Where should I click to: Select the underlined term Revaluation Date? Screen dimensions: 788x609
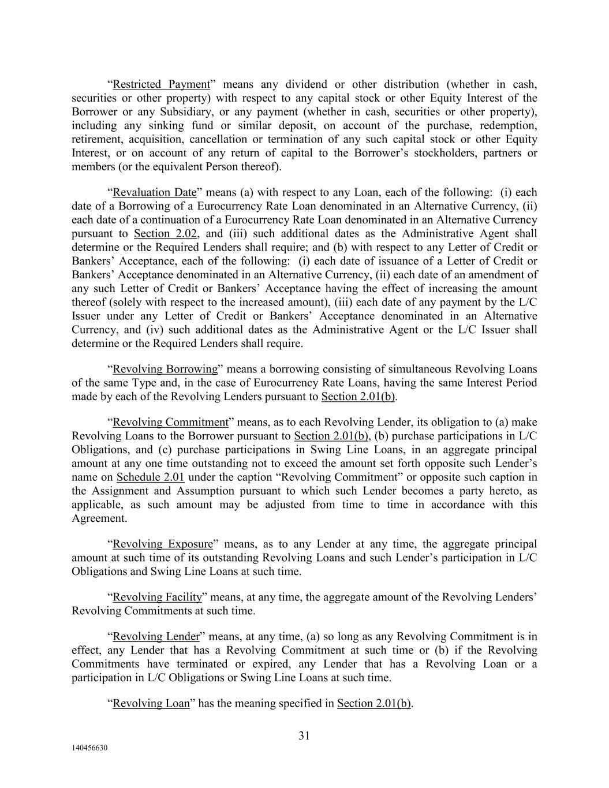pos(154,192)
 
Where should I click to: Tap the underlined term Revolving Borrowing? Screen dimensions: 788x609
pos(165,369)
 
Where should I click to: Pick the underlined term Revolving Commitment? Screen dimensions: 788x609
pos(170,422)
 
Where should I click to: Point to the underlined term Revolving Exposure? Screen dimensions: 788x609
pos(162,544)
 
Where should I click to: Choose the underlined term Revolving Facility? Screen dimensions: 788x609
pos(157,597)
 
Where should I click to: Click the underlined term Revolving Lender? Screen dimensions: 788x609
pos(156,637)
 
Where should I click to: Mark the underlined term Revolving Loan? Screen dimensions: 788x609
pos(151,703)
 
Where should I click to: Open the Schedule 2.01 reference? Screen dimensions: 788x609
pos(150,477)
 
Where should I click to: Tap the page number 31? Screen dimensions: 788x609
pos(304,735)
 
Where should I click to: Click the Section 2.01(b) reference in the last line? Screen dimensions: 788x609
pos(374,703)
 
